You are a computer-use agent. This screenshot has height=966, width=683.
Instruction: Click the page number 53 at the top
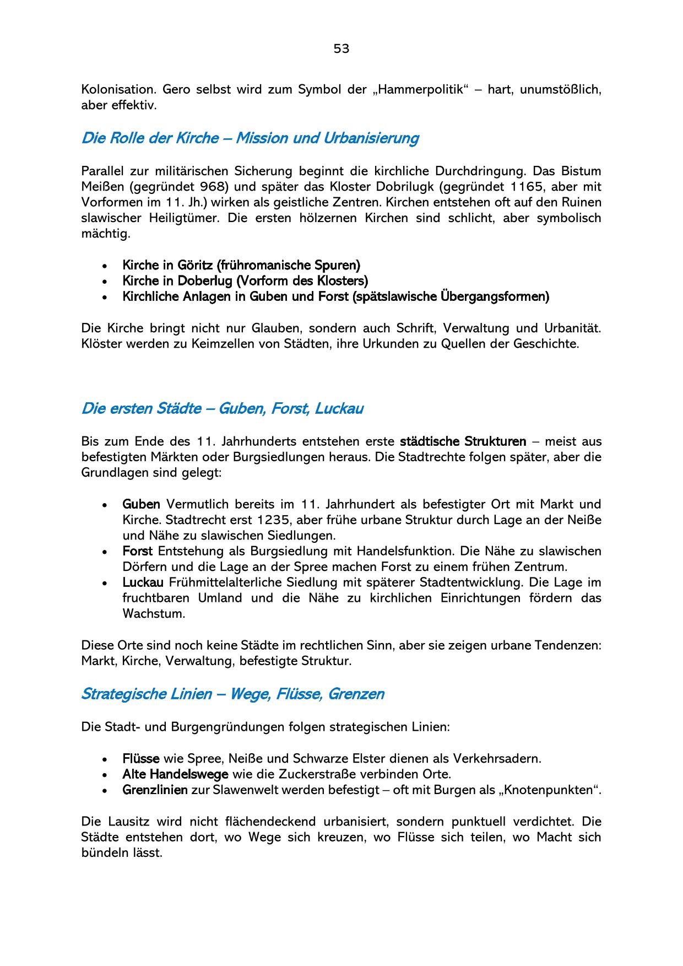[341, 49]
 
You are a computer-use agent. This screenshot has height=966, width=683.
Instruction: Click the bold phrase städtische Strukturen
[463, 441]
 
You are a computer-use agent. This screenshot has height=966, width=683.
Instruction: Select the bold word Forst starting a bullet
[138, 551]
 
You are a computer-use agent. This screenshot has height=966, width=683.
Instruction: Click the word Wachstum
[154, 614]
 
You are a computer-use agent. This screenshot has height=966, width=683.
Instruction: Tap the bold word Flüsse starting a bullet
[141, 758]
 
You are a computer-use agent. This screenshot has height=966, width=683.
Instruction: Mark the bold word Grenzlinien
[155, 790]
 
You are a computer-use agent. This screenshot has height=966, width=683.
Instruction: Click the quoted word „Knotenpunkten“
[557, 790]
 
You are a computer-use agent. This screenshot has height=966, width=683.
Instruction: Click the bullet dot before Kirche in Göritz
[105, 266]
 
